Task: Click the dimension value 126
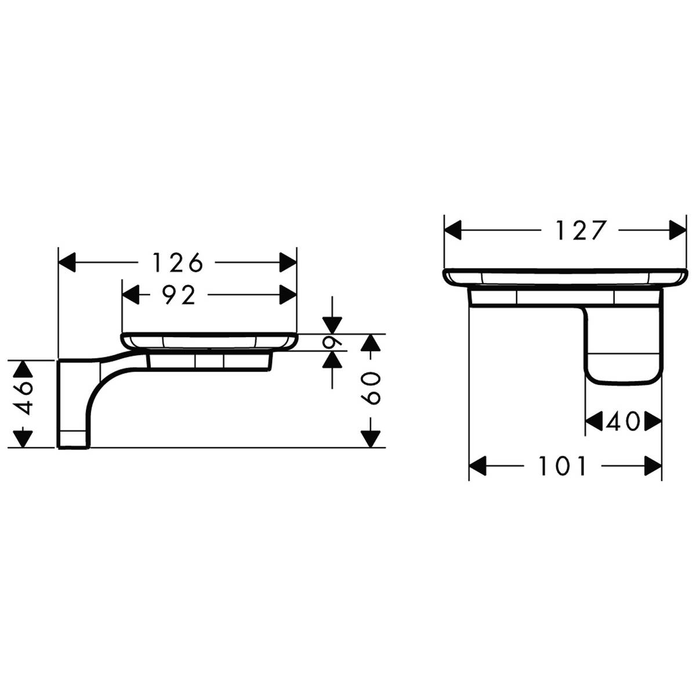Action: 178,263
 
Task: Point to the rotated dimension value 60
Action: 371,388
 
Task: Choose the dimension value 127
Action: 581,231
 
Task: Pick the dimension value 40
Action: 623,422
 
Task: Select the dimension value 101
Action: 563,466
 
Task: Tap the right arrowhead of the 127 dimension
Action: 677,231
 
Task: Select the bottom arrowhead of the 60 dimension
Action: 371,438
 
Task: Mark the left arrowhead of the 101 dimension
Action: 478,466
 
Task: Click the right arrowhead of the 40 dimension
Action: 652,422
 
